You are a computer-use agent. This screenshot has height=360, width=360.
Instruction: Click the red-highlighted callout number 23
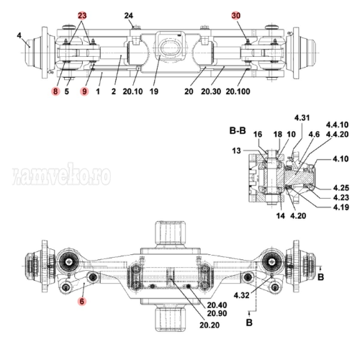pos(82,15)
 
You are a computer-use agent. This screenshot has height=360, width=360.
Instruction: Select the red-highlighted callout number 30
pos(236,15)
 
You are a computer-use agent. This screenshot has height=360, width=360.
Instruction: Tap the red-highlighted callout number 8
pos(55,92)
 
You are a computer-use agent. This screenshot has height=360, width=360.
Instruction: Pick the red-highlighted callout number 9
pos(84,92)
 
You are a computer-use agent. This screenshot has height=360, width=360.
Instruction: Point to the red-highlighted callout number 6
pos(82,304)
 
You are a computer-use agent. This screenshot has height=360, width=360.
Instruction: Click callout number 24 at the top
pos(129,15)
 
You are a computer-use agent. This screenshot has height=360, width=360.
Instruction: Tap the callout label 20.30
pos(211,92)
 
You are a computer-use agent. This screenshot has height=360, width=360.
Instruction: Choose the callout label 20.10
pos(132,92)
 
